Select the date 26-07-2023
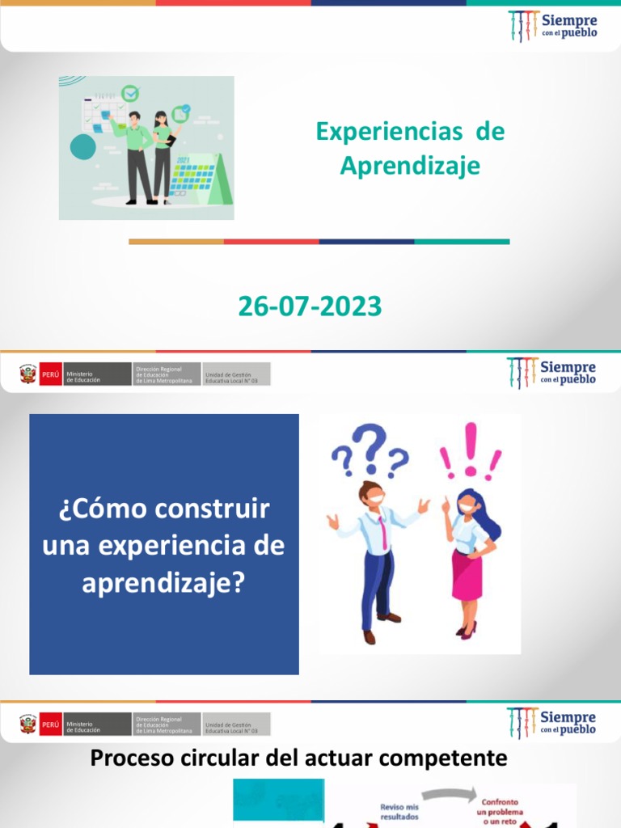[310, 306]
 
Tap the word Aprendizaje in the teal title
[410, 166]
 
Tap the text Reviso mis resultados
[399, 811]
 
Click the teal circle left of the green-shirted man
[83, 146]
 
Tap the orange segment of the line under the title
[176, 241]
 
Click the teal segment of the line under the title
[462, 241]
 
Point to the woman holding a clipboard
[162, 154]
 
